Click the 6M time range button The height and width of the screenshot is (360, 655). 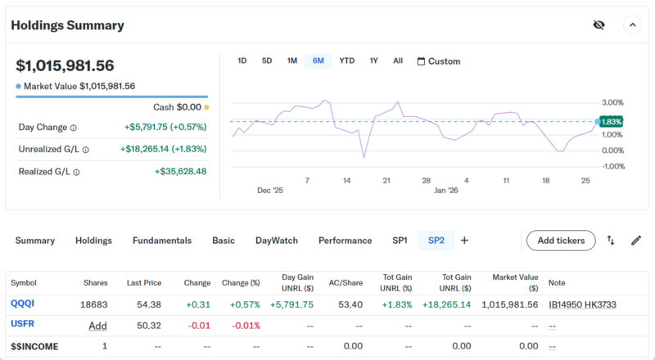point(318,61)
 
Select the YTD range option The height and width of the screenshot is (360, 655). point(347,61)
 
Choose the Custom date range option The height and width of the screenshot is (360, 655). point(439,61)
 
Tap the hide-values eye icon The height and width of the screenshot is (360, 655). point(599,25)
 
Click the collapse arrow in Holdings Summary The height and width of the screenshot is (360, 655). point(632,25)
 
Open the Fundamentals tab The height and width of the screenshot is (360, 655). point(162,241)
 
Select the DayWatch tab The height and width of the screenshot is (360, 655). point(277,241)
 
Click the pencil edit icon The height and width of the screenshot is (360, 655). point(636,241)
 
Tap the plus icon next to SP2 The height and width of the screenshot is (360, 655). point(464,241)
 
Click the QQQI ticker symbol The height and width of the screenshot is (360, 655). point(23,304)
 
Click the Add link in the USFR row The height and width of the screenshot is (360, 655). point(98,326)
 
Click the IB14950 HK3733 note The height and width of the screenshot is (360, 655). point(582,304)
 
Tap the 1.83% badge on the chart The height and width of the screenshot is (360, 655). point(611,121)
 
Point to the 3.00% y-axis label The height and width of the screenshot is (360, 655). point(612,102)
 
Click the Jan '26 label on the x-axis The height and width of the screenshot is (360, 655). point(445,190)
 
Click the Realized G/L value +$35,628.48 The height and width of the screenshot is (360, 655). point(180,171)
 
